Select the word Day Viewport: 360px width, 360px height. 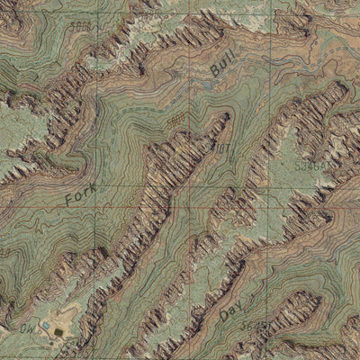(x=230, y=311)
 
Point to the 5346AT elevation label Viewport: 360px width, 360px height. (x=311, y=166)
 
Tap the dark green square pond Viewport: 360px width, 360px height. (x=58, y=331)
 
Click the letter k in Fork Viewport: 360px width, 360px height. (x=93, y=185)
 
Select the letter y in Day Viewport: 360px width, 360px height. (x=238, y=305)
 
